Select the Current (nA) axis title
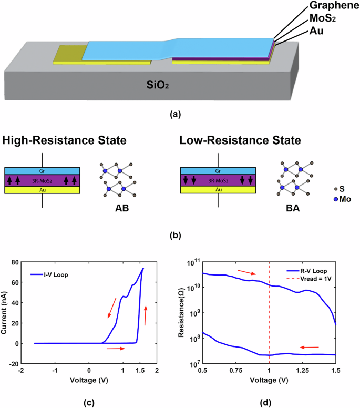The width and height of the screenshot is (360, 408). (x=8, y=313)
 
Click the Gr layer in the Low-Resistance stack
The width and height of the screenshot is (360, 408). (x=218, y=171)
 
